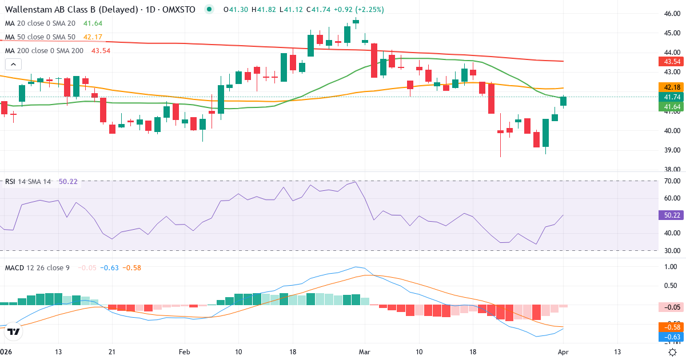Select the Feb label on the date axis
184,351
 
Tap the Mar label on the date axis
365,351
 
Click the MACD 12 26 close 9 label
37,267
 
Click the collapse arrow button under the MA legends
13,65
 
